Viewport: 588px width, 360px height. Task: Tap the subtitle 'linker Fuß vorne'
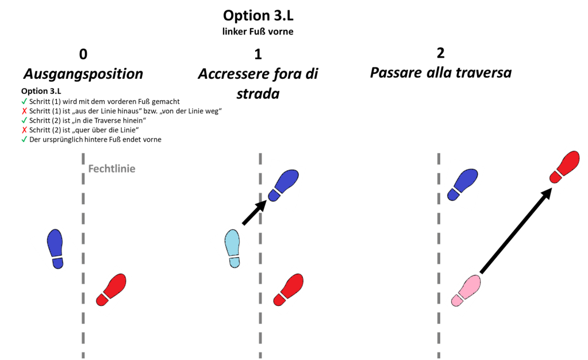(258, 32)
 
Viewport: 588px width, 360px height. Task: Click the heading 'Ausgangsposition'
(83, 74)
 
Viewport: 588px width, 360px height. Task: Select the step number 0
(83, 55)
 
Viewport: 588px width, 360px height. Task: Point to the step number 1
(257, 55)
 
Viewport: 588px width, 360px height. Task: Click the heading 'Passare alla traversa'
(440, 74)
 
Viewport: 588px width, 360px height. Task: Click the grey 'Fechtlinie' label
(112, 169)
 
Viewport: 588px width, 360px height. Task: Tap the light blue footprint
(232, 248)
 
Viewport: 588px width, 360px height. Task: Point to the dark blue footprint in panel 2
(463, 184)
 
